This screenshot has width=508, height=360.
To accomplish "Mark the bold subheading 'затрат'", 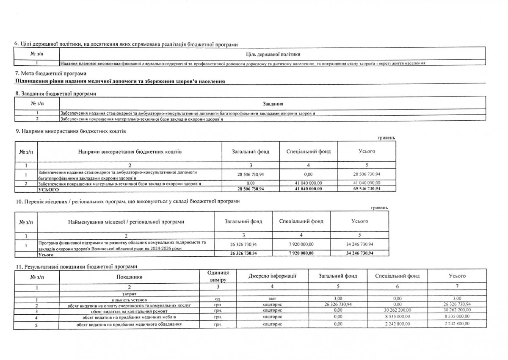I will point(124,293).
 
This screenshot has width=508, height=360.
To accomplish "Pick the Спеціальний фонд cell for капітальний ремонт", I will point(397,310).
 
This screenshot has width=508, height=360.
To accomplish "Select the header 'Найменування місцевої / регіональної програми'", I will point(126,221).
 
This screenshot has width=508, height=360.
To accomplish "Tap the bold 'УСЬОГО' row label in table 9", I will point(47,189).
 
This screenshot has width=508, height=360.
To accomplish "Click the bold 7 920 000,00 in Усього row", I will point(301,253).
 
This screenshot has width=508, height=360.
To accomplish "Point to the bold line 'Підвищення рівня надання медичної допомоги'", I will point(120,81).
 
